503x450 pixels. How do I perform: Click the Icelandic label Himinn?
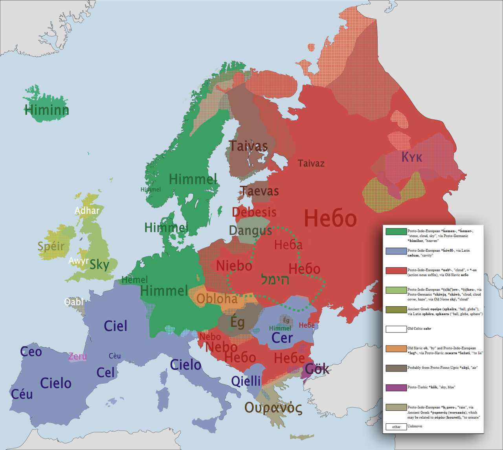coord(46,110)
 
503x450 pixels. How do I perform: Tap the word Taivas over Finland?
coord(248,146)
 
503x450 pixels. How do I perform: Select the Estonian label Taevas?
coord(259,191)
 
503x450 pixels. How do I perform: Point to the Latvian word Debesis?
coord(254,212)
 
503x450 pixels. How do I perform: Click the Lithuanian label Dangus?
coord(250,230)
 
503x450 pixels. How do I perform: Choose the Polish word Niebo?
coord(234,265)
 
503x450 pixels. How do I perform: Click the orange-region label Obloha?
coord(217,299)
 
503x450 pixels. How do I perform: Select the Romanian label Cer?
coord(282,338)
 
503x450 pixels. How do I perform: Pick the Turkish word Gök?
coord(317,369)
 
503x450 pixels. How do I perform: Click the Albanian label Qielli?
coord(246,381)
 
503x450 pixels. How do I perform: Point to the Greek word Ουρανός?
coord(274,408)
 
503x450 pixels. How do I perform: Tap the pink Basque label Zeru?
coord(77,357)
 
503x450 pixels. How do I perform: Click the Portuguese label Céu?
coord(22,394)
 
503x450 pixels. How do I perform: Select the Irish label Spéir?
coord(51,246)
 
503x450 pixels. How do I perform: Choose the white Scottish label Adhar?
coord(87,211)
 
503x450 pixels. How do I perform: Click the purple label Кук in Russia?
coord(411,157)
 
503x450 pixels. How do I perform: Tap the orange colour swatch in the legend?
coord(396,349)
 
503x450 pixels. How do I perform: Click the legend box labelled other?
coord(396,426)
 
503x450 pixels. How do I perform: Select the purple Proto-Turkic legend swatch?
coord(396,388)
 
